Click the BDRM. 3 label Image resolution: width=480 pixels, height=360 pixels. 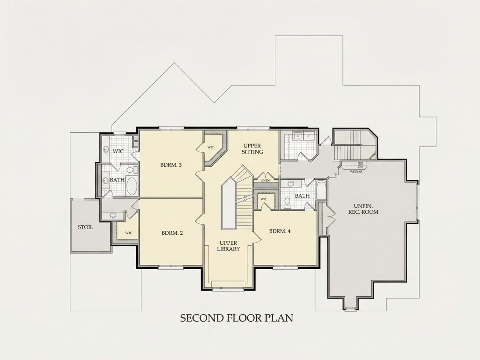tap(171, 165)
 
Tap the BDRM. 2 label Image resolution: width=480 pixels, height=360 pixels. tap(172, 233)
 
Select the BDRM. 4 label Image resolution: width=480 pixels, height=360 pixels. tap(280, 231)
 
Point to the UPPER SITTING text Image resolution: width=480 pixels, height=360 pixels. tap(252, 148)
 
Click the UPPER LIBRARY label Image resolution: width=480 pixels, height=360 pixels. tap(228, 246)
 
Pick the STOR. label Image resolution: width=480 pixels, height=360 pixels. tap(86, 227)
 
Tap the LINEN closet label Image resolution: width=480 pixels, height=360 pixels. tap(265, 181)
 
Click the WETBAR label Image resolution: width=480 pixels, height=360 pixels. tap(357, 172)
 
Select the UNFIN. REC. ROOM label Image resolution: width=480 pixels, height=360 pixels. tap(363, 209)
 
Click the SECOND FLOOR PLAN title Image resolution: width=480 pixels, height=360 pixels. tap(237, 318)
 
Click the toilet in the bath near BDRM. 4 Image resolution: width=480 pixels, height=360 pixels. tap(288, 202)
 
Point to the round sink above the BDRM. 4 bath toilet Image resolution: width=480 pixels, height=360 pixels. tap(291, 184)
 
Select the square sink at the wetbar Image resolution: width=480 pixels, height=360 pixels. tap(360, 165)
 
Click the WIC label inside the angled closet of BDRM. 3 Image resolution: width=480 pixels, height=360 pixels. tap(211, 147)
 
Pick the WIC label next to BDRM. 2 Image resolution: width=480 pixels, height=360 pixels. tap(129, 233)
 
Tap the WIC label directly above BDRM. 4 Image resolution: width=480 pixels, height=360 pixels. tap(264, 199)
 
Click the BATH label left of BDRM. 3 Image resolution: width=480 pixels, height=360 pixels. tap(117, 180)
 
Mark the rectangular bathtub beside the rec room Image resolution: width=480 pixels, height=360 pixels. tap(321, 191)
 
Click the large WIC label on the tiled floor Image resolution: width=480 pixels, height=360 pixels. tap(118, 151)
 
